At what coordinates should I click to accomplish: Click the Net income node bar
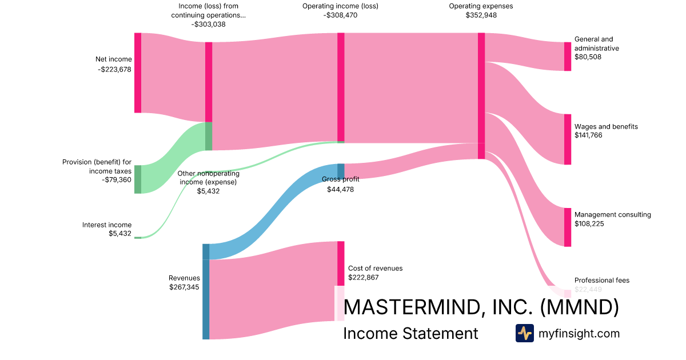138,73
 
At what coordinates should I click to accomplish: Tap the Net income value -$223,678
114,70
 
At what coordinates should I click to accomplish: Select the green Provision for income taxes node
138,179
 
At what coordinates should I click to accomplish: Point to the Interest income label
107,225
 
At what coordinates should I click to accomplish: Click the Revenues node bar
206,291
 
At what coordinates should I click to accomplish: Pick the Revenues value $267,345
184,287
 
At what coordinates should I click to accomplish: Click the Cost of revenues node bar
341,263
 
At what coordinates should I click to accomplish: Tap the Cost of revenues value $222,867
364,278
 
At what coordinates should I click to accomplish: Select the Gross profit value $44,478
340,190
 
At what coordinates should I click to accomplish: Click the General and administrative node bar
568,57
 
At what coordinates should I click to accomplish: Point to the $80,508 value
588,57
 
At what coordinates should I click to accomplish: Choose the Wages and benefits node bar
568,139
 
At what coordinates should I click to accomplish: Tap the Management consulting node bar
568,227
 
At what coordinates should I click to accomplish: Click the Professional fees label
601,281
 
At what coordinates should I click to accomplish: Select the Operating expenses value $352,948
481,15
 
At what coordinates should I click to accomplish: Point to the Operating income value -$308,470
340,15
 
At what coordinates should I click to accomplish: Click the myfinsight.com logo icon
524,333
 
